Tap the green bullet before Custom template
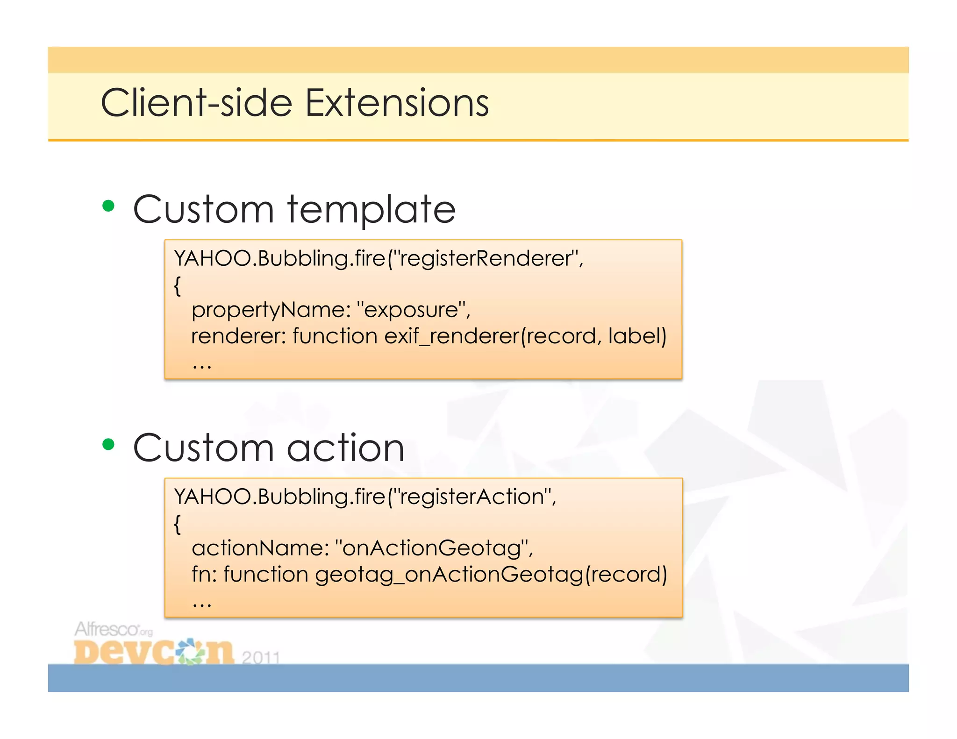point(108,206)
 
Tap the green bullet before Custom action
point(108,444)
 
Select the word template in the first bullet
point(371,210)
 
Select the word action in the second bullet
point(345,448)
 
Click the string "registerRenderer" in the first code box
point(486,258)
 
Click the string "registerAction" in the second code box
point(472,497)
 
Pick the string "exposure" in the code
point(411,310)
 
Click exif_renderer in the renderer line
point(451,336)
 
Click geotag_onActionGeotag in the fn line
point(449,575)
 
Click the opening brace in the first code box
point(177,285)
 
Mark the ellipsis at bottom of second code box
point(202,604)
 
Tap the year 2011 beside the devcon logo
point(261,658)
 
